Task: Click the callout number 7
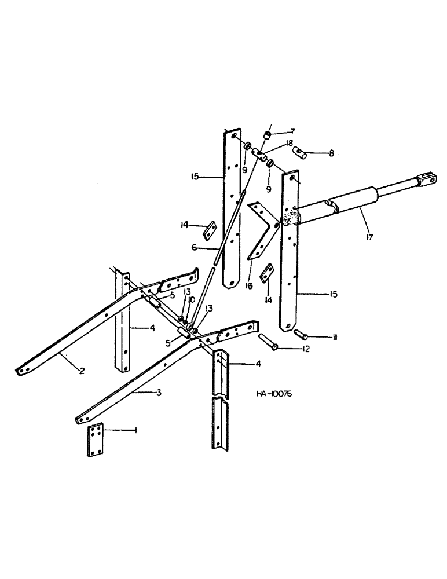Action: point(293,131)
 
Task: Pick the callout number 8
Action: point(331,153)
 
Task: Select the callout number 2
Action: point(82,371)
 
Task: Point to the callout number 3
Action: point(159,393)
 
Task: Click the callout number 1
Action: point(136,431)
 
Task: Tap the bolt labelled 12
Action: point(268,345)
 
